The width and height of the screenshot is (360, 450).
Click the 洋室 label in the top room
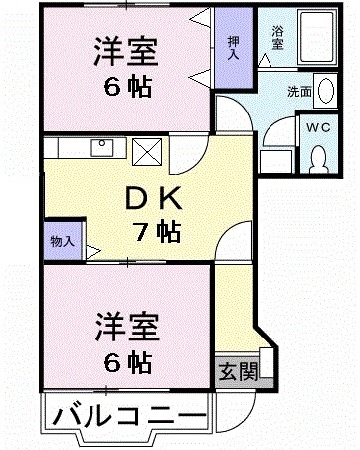coord(127,50)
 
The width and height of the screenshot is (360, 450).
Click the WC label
coord(319,127)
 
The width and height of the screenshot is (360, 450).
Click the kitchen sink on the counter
coord(101,149)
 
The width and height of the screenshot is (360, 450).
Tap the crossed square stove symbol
coord(146,152)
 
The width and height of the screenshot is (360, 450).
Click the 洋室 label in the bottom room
coord(126,325)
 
